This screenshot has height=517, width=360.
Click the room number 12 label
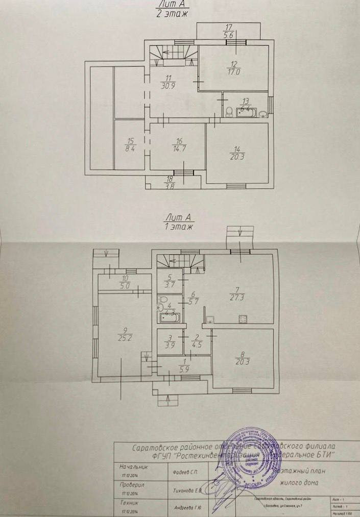234,64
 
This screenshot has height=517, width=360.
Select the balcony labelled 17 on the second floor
228,32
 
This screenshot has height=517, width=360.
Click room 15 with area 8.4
129,145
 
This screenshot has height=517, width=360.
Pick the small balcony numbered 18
170,182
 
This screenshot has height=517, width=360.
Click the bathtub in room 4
169,317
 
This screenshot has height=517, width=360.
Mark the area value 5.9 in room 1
183,371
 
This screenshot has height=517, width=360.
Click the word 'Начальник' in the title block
133,466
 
